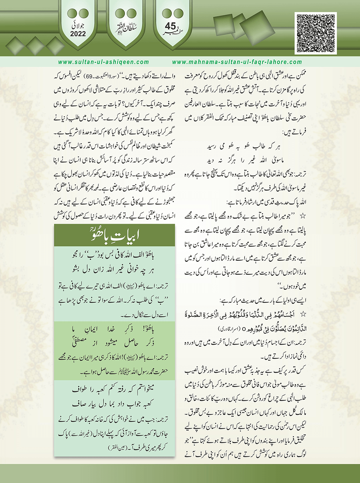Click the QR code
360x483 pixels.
pyautogui.click(x=316, y=33)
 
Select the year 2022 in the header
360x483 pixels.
pyautogui.click(x=78, y=34)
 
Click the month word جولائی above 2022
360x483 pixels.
pyautogui.click(x=78, y=26)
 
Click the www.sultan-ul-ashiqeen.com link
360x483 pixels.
pyautogui.click(x=104, y=62)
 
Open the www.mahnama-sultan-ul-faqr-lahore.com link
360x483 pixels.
pyautogui.click(x=237, y=62)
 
